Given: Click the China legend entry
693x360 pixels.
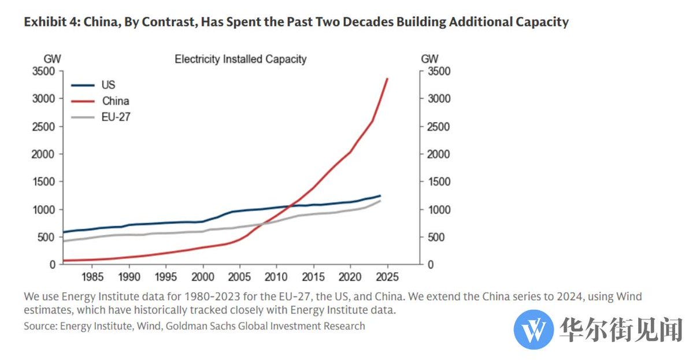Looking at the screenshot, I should coord(115,101).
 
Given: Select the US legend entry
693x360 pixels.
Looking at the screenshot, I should coord(108,85).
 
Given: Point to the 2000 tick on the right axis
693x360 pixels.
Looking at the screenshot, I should coord(437,154).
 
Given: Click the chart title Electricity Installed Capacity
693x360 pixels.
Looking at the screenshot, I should coord(240,59).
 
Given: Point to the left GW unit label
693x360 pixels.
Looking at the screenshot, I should coord(53,59).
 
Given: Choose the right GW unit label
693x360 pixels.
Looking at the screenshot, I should coord(429,59).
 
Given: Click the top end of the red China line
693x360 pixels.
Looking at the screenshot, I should coord(387,79).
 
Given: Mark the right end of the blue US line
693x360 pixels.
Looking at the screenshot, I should coord(380,195).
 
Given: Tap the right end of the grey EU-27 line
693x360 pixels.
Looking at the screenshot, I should coord(380,201).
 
